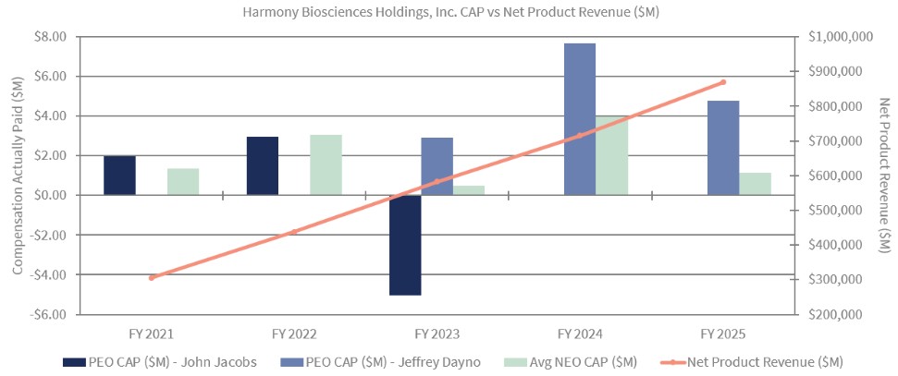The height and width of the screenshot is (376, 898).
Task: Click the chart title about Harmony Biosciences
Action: tap(448, 12)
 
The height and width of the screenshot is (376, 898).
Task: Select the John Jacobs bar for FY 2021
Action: tap(119, 176)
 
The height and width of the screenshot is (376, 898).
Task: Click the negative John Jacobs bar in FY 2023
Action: tap(405, 245)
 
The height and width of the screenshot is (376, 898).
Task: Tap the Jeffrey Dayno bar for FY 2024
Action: tap(579, 119)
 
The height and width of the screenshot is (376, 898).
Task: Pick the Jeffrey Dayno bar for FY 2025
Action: tap(723, 148)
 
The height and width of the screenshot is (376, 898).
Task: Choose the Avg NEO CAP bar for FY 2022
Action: tap(326, 164)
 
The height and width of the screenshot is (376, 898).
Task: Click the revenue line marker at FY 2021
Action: tap(152, 277)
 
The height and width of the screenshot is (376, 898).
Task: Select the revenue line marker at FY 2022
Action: tap(294, 232)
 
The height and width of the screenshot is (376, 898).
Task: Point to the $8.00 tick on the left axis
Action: tap(50, 37)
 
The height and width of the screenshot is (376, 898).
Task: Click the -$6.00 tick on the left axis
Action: tap(48, 314)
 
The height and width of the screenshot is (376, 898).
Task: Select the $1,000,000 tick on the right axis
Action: tap(835, 37)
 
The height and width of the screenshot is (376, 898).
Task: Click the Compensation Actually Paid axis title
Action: tap(17, 176)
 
